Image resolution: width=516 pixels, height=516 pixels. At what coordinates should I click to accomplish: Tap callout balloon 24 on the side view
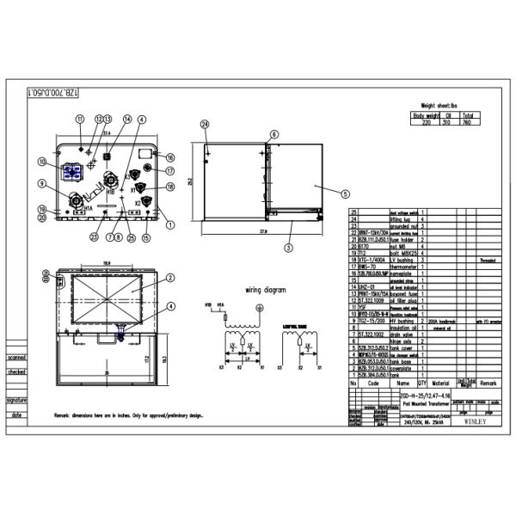point(205,125)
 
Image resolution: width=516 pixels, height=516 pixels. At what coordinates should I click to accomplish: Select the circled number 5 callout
point(345,193)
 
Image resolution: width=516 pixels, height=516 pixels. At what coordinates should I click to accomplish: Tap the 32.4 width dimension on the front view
point(107,134)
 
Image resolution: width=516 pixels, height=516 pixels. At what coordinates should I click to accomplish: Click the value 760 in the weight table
point(465,122)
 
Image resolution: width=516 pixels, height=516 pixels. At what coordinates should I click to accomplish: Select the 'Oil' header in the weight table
point(446,114)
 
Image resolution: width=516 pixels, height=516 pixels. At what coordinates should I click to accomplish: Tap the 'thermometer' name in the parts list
point(404,267)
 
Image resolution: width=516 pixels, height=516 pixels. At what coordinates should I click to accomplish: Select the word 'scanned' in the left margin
point(16,357)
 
